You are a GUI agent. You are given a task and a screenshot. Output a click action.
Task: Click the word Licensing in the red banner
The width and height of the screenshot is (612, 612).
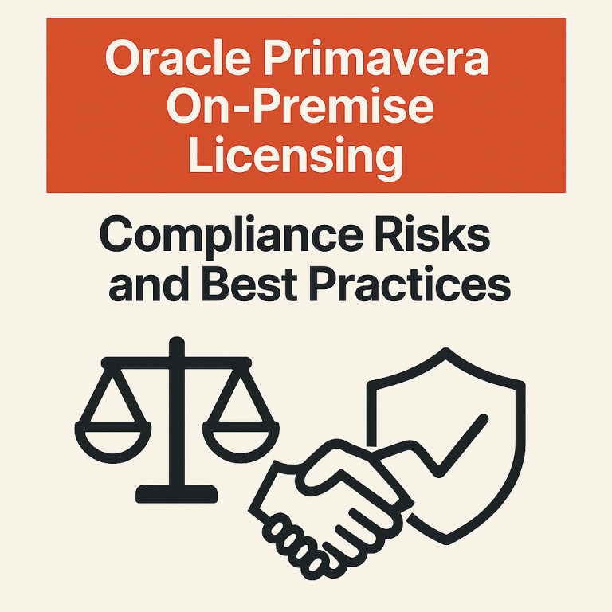click(x=294, y=155)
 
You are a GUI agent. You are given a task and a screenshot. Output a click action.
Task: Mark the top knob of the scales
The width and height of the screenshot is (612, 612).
click(x=176, y=345)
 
